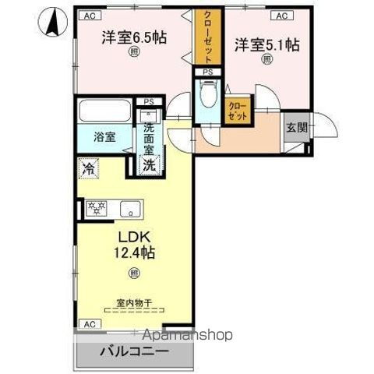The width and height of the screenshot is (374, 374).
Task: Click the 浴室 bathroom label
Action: pyautogui.click(x=105, y=138)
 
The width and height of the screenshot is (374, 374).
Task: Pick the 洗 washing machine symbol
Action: pyautogui.click(x=149, y=164)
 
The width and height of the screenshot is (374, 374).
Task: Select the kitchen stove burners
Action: pyautogui.click(x=99, y=208)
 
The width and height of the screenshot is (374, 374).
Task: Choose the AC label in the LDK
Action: pyautogui.click(x=89, y=323)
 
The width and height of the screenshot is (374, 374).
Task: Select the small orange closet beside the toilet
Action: pyautogui.click(x=238, y=110)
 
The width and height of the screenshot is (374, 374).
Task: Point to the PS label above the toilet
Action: pyautogui.click(x=207, y=72)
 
